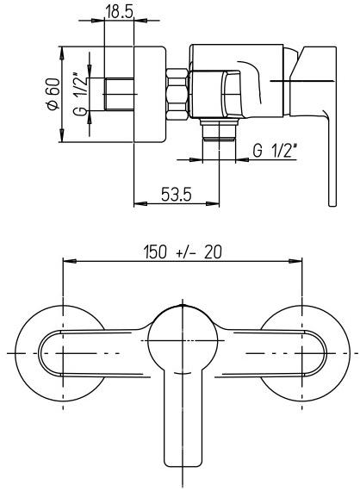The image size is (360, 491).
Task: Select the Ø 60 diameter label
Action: click(53, 93)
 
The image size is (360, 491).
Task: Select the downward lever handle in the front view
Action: click(181, 422)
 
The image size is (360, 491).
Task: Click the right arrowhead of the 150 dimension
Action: click(296, 262)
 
